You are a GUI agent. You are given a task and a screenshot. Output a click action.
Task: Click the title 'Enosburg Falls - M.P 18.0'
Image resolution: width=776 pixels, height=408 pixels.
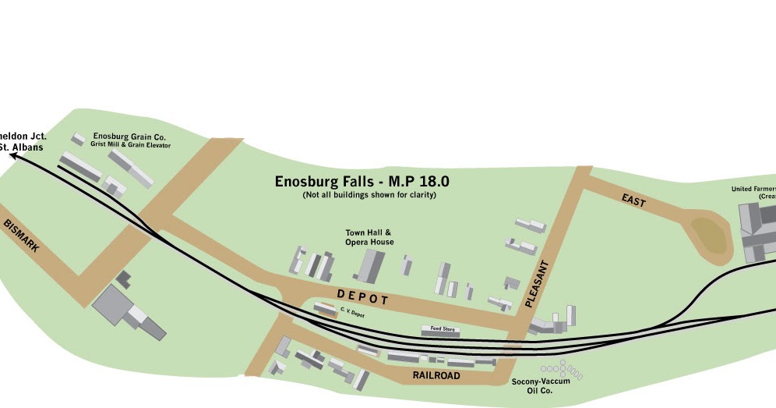pos(362,182)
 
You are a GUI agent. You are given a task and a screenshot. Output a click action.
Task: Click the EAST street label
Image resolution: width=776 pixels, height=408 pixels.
pos(633,200)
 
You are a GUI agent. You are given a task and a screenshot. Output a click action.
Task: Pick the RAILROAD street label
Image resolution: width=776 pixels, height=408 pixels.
pos(436,376)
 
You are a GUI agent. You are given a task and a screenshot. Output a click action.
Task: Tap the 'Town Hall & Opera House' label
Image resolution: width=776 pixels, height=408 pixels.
pos(369,237)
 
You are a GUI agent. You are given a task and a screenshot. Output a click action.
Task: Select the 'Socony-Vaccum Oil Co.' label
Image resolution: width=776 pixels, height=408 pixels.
pos(541,385)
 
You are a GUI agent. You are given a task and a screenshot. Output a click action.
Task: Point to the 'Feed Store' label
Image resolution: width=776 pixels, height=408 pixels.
pos(439,329)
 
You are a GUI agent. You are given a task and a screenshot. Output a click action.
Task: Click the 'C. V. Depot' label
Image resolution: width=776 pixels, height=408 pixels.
pos(352,313)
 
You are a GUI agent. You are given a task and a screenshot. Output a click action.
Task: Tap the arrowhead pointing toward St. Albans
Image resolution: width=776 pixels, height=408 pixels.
pos(15,156)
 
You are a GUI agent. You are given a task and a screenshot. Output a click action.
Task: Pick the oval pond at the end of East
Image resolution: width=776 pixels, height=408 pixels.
pos(708,236)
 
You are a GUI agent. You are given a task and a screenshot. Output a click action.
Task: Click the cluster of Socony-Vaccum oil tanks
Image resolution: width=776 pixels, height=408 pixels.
pos(561,369)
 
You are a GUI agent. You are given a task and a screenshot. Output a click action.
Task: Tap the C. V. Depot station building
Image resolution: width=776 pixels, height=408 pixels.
pos(325,310)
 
